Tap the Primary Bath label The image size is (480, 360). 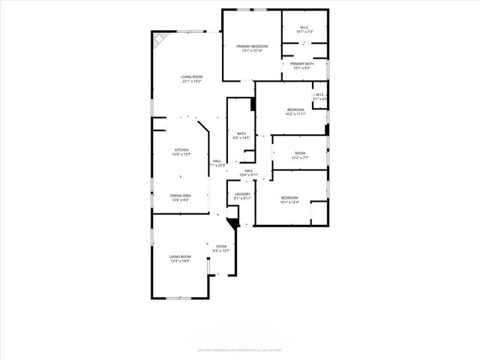coord(303,64)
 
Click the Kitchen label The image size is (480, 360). coord(181,151)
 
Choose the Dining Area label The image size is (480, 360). coord(181,196)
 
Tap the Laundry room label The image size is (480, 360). coord(242,195)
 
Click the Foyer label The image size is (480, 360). coord(221,246)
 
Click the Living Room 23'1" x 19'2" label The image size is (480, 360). coord(191,79)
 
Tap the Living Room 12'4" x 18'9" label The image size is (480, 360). coord(180,258)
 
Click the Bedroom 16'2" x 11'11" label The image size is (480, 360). coord(295,112)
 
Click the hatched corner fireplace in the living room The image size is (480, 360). coord(160,38)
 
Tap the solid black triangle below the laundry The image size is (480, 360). coord(232,221)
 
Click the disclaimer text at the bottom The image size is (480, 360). coord(239,349)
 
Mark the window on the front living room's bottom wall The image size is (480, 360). coord(178,298)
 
